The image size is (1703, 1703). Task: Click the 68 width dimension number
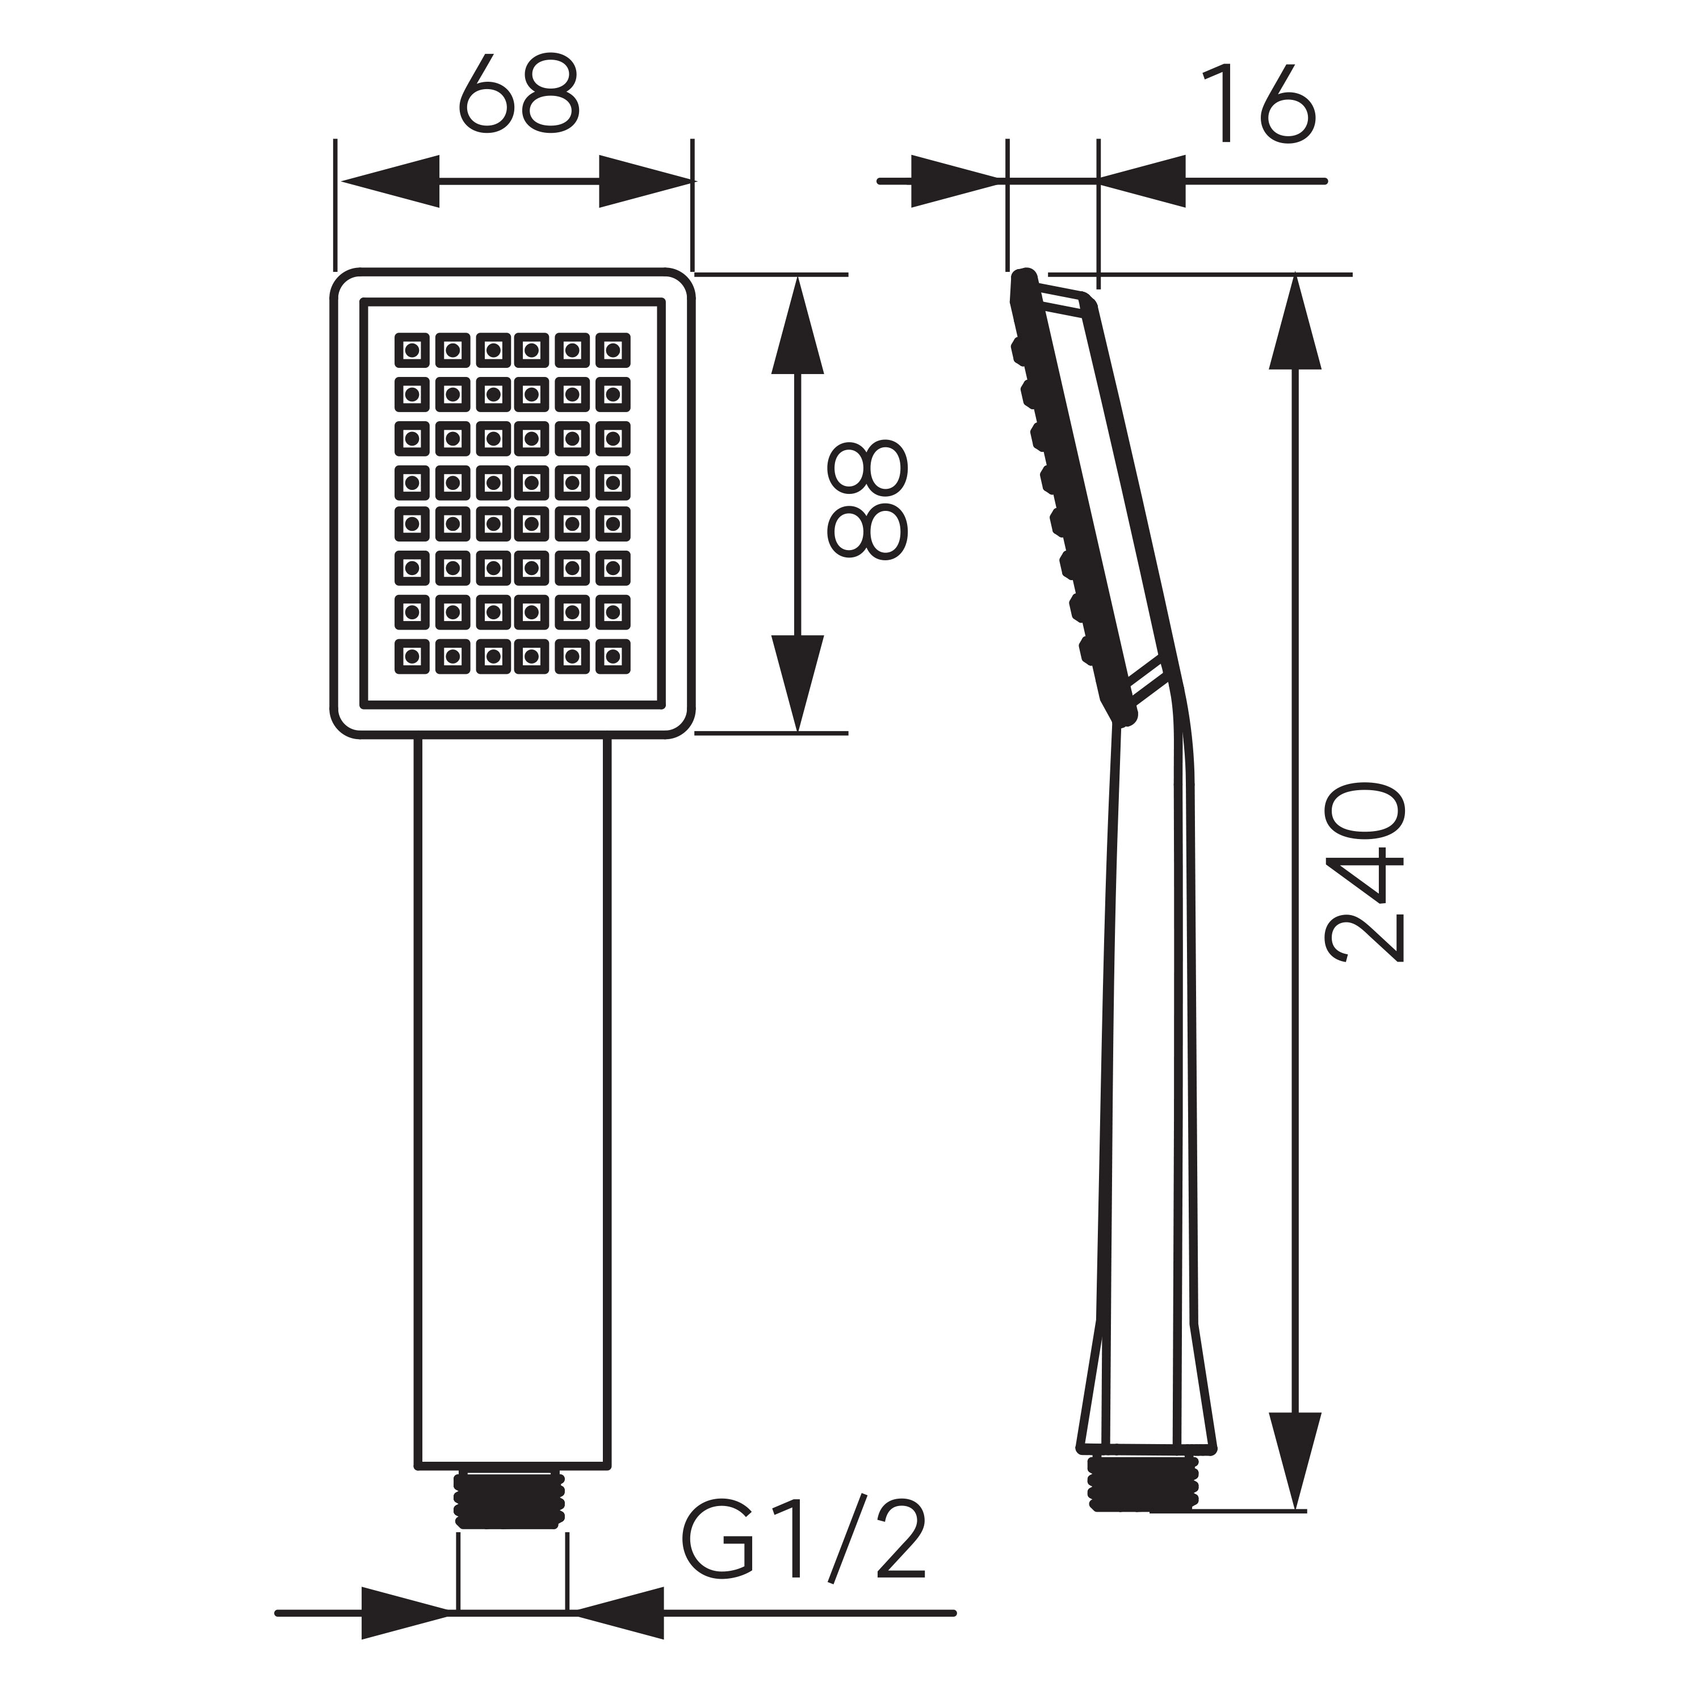(x=519, y=95)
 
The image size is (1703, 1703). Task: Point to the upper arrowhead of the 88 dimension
(x=797, y=326)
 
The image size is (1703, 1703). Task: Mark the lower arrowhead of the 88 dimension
(x=797, y=681)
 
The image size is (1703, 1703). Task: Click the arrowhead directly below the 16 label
(x=1142, y=182)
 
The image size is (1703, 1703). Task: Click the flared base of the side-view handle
(x=1146, y=1402)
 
